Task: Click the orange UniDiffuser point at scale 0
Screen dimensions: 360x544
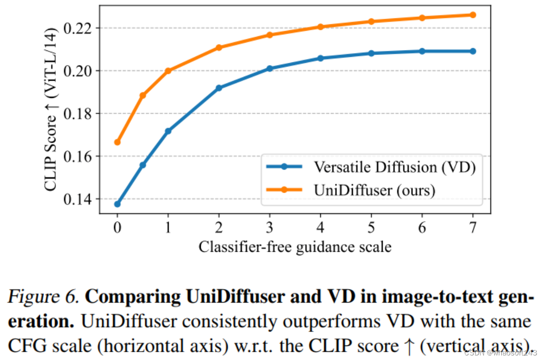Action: point(117,142)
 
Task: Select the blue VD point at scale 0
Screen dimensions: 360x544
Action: point(117,204)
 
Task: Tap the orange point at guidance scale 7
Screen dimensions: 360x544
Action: point(473,15)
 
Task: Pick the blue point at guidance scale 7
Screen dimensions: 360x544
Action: point(473,51)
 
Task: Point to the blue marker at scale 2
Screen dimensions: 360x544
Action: point(219,88)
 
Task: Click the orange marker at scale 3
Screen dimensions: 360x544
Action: point(269,35)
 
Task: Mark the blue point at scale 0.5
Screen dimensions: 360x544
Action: point(143,165)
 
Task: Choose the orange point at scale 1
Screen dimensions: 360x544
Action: point(168,71)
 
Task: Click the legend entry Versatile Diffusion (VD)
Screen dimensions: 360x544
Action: point(394,167)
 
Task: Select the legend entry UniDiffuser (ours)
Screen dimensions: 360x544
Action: point(374,189)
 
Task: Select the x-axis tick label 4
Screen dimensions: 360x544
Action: point(320,227)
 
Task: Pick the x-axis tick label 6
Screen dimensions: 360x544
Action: point(422,227)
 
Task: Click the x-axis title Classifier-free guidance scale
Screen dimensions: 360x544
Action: point(295,247)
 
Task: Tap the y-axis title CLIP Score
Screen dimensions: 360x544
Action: point(51,110)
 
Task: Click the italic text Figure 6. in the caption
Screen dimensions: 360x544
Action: point(43,298)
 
